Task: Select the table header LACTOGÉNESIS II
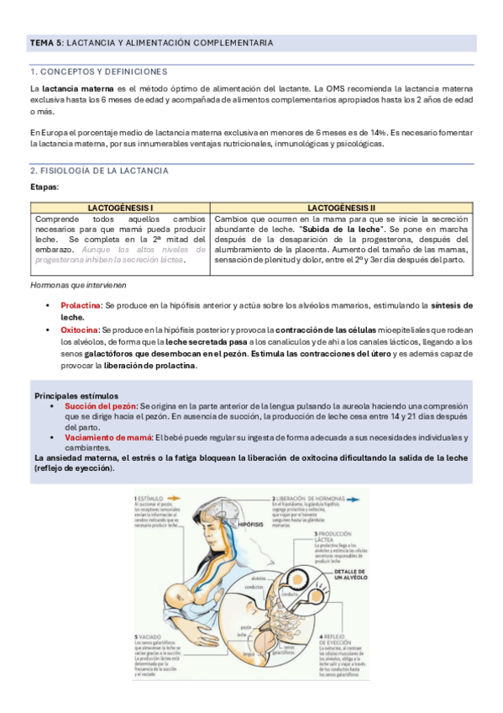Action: click(x=341, y=207)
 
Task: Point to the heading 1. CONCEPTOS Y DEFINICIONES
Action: click(x=99, y=71)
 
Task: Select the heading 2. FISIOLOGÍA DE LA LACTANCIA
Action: click(x=99, y=171)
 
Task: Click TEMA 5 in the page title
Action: click(x=45, y=43)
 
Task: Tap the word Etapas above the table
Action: click(x=44, y=187)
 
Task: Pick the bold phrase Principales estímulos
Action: click(x=76, y=395)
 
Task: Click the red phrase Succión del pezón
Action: click(x=101, y=405)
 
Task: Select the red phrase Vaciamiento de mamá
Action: click(x=107, y=437)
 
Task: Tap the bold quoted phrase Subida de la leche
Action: click(x=336, y=228)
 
